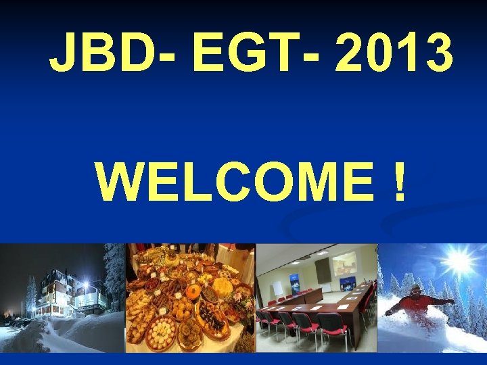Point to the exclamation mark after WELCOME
[x=398, y=182]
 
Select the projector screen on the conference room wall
[x=344, y=263]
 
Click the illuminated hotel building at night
[x=68, y=294]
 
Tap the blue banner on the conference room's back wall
[x=294, y=281]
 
